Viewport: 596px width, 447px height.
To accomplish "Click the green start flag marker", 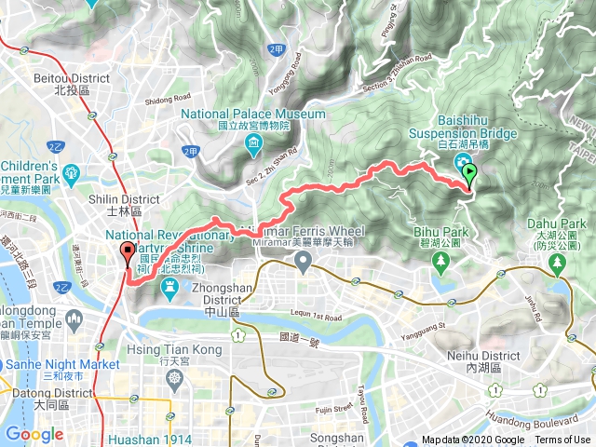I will tap(469, 172).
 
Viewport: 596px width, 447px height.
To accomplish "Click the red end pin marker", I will tap(127, 252).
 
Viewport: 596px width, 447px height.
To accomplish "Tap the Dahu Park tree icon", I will tap(558, 264).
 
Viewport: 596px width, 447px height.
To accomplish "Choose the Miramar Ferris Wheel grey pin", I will tap(303, 264).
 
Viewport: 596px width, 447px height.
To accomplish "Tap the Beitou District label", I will tap(72, 85).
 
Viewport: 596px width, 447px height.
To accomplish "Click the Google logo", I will tap(34, 434).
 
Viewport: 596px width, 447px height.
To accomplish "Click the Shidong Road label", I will tap(168, 97).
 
